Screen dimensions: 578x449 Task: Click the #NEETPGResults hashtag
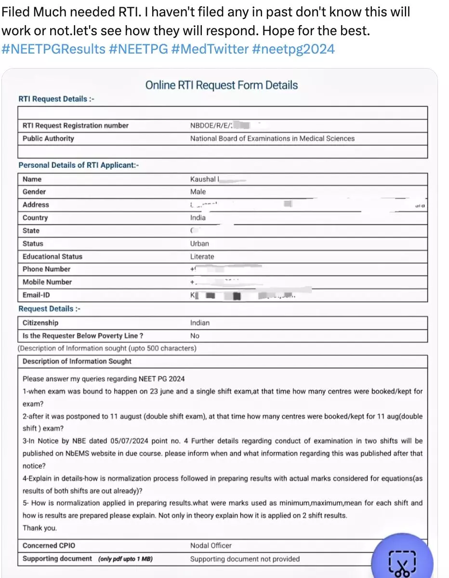(x=53, y=49)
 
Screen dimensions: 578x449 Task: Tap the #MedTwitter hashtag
(x=210, y=49)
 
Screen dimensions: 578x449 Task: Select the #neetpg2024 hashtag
(x=293, y=49)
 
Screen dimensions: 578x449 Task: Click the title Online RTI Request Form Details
(x=222, y=85)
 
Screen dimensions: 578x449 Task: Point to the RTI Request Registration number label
(x=76, y=125)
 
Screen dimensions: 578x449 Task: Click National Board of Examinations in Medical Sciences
(x=272, y=138)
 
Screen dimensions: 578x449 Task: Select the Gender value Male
(x=198, y=192)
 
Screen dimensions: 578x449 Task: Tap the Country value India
(x=198, y=218)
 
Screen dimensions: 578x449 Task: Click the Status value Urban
(x=199, y=244)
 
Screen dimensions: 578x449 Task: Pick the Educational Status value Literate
(x=202, y=257)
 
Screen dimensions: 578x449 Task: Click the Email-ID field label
(x=36, y=295)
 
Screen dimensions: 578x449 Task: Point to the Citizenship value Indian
(x=200, y=323)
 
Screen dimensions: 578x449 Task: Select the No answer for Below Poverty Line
(x=195, y=336)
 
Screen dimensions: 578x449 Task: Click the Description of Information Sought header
(x=77, y=361)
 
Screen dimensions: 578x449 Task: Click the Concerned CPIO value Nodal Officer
(x=211, y=546)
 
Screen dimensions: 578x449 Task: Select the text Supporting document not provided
(x=245, y=559)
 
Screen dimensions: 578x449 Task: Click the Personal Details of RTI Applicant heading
(x=79, y=165)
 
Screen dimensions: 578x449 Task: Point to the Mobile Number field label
(x=47, y=282)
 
